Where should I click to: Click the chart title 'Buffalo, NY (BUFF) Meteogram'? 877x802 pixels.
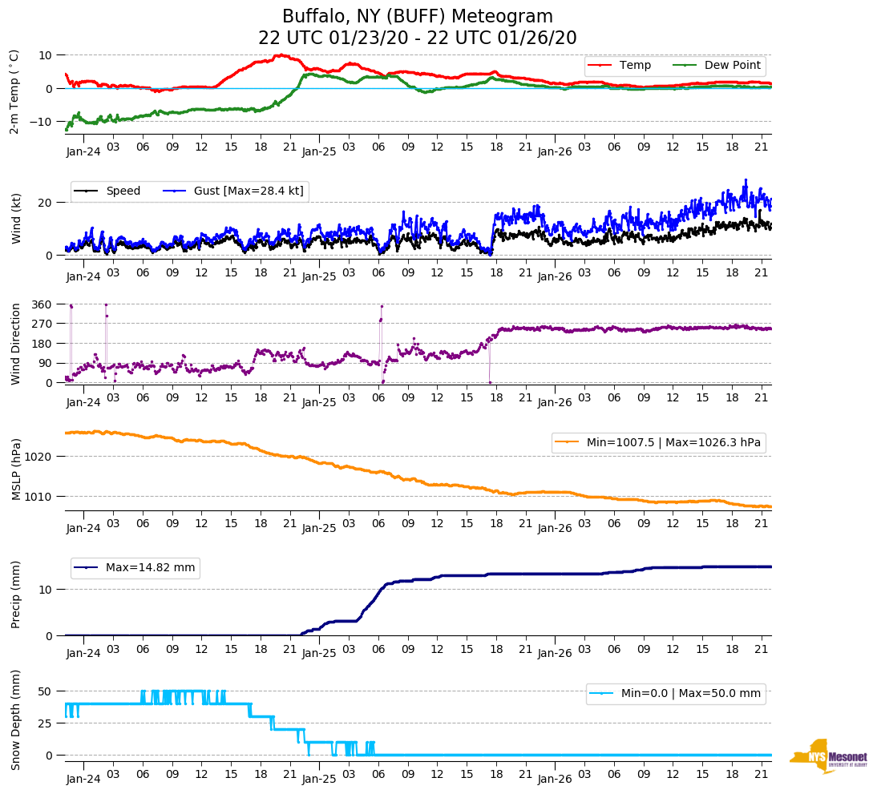(x=418, y=16)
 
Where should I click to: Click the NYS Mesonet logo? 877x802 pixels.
(x=828, y=756)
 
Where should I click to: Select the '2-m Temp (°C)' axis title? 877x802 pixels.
(x=14, y=91)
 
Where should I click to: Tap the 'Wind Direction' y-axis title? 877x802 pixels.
(x=15, y=343)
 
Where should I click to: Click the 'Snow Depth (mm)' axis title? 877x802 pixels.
(x=15, y=719)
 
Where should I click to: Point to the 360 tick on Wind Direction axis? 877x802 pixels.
(x=42, y=304)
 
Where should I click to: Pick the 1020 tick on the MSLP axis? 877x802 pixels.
(x=39, y=457)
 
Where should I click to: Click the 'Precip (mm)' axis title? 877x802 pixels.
(x=15, y=594)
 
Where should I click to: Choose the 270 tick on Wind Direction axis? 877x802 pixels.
(x=42, y=324)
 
